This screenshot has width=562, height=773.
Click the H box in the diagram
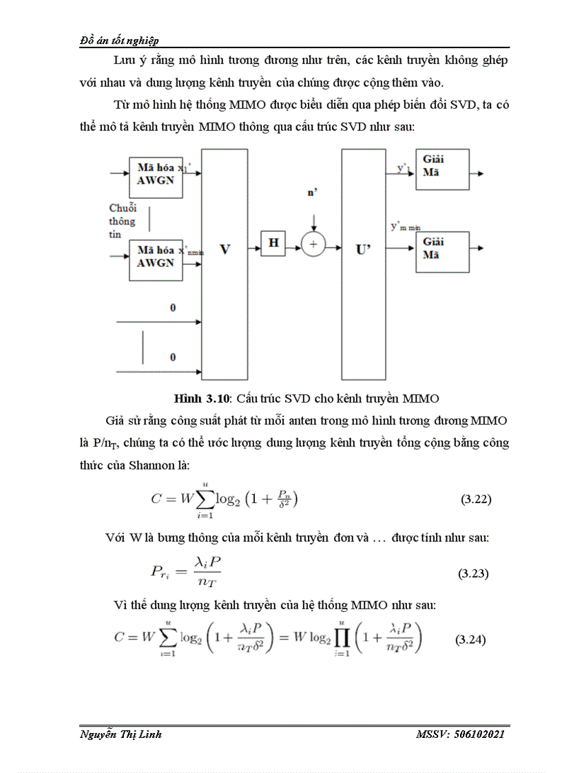tap(273, 243)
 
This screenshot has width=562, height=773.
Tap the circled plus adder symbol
tap(313, 244)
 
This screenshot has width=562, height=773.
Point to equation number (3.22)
tap(475, 500)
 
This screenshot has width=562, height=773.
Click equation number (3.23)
tap(473, 573)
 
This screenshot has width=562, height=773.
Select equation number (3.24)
tap(471, 639)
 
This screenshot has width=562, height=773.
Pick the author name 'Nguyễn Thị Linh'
tap(121, 735)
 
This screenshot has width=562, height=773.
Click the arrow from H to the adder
tap(293, 244)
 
